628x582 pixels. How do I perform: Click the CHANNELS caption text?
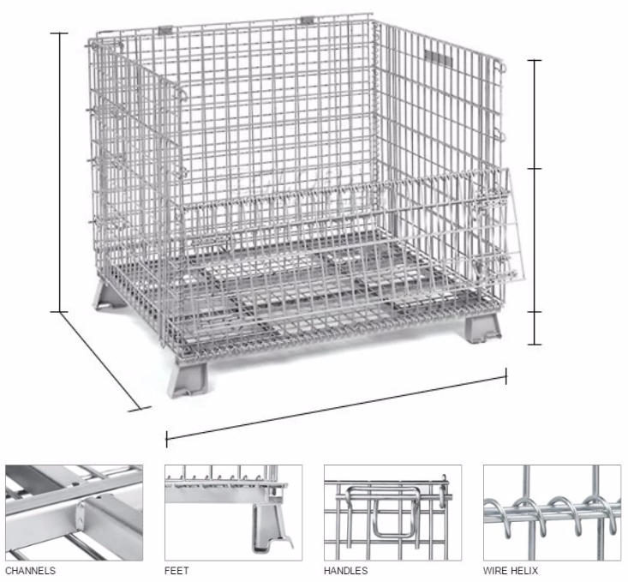coord(31,570)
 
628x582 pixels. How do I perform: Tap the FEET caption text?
coord(176,570)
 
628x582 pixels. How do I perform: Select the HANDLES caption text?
coord(345,570)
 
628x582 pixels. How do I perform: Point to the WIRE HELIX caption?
coord(511,570)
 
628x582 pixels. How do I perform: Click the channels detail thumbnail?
coord(74,513)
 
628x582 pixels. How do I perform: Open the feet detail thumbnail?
coord(234,513)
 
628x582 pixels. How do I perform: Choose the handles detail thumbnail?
coord(392,513)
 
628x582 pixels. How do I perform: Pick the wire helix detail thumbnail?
coord(552,513)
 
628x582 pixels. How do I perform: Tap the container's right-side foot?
coord(483,327)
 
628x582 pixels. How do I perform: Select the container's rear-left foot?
coord(107,296)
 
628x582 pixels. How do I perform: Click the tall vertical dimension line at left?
coord(60,172)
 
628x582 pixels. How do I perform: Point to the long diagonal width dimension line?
coord(337,407)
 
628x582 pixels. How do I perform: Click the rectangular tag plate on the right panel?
coord(438,57)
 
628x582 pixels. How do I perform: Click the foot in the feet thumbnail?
coord(270,528)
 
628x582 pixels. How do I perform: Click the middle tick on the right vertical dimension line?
coord(535,169)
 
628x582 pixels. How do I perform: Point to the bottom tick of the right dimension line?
coord(535,344)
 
